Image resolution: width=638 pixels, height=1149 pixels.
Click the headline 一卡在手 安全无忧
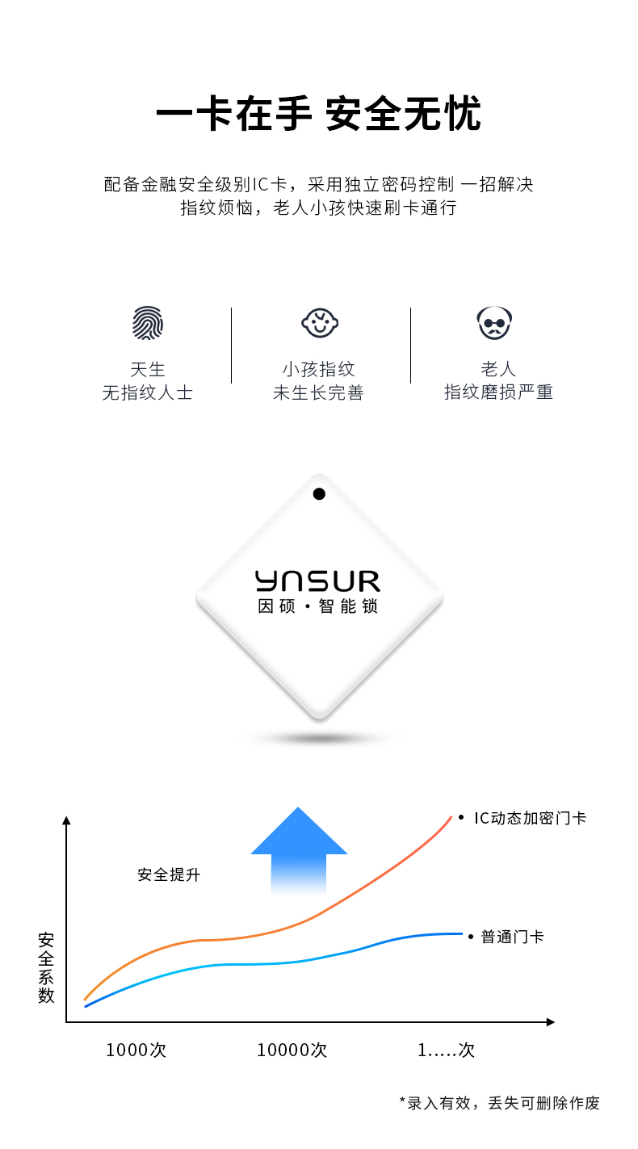318,113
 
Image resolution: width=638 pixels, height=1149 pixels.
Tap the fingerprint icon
148,323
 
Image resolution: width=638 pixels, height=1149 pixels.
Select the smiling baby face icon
320,323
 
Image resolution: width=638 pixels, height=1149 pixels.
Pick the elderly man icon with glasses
494,323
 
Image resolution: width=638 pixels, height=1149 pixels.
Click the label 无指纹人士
148,392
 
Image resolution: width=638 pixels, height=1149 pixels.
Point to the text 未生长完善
318,392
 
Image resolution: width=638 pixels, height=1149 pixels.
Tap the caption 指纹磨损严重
498,392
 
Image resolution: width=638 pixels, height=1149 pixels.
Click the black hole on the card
319,494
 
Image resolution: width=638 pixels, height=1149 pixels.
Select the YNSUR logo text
318,581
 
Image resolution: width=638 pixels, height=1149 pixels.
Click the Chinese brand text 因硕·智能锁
318,606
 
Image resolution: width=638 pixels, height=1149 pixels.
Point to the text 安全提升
169,874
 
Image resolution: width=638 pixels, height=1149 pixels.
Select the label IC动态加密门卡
530,818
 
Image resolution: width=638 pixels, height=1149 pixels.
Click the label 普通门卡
512,937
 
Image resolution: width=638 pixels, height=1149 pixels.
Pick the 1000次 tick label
136,1050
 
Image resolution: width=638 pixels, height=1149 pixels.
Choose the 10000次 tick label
292,1050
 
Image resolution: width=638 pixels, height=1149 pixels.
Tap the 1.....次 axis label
446,1050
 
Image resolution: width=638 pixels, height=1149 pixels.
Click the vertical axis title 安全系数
46,967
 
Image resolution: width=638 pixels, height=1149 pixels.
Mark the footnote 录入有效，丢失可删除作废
503,1103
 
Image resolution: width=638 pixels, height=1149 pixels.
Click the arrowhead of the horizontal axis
551,1022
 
